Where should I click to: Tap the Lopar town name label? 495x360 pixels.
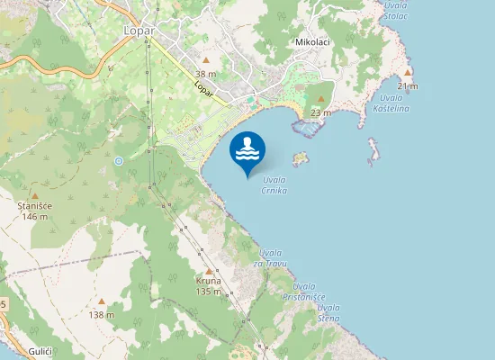pyautogui.click(x=139, y=31)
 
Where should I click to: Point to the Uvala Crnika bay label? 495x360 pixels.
pyautogui.click(x=274, y=185)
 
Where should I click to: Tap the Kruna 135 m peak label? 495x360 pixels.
pyautogui.click(x=209, y=286)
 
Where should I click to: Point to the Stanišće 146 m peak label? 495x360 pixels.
pyautogui.click(x=35, y=211)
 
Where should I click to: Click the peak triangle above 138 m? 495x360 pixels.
pyautogui.click(x=102, y=301)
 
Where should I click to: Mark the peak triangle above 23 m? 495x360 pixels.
pyautogui.click(x=321, y=99)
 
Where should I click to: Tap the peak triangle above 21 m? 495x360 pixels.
pyautogui.click(x=408, y=72)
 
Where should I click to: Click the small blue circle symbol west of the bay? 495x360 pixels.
pyautogui.click(x=119, y=161)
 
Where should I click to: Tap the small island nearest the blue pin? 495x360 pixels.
pyautogui.click(x=301, y=158)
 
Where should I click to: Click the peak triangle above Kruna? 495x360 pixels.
pyautogui.click(x=209, y=270)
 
